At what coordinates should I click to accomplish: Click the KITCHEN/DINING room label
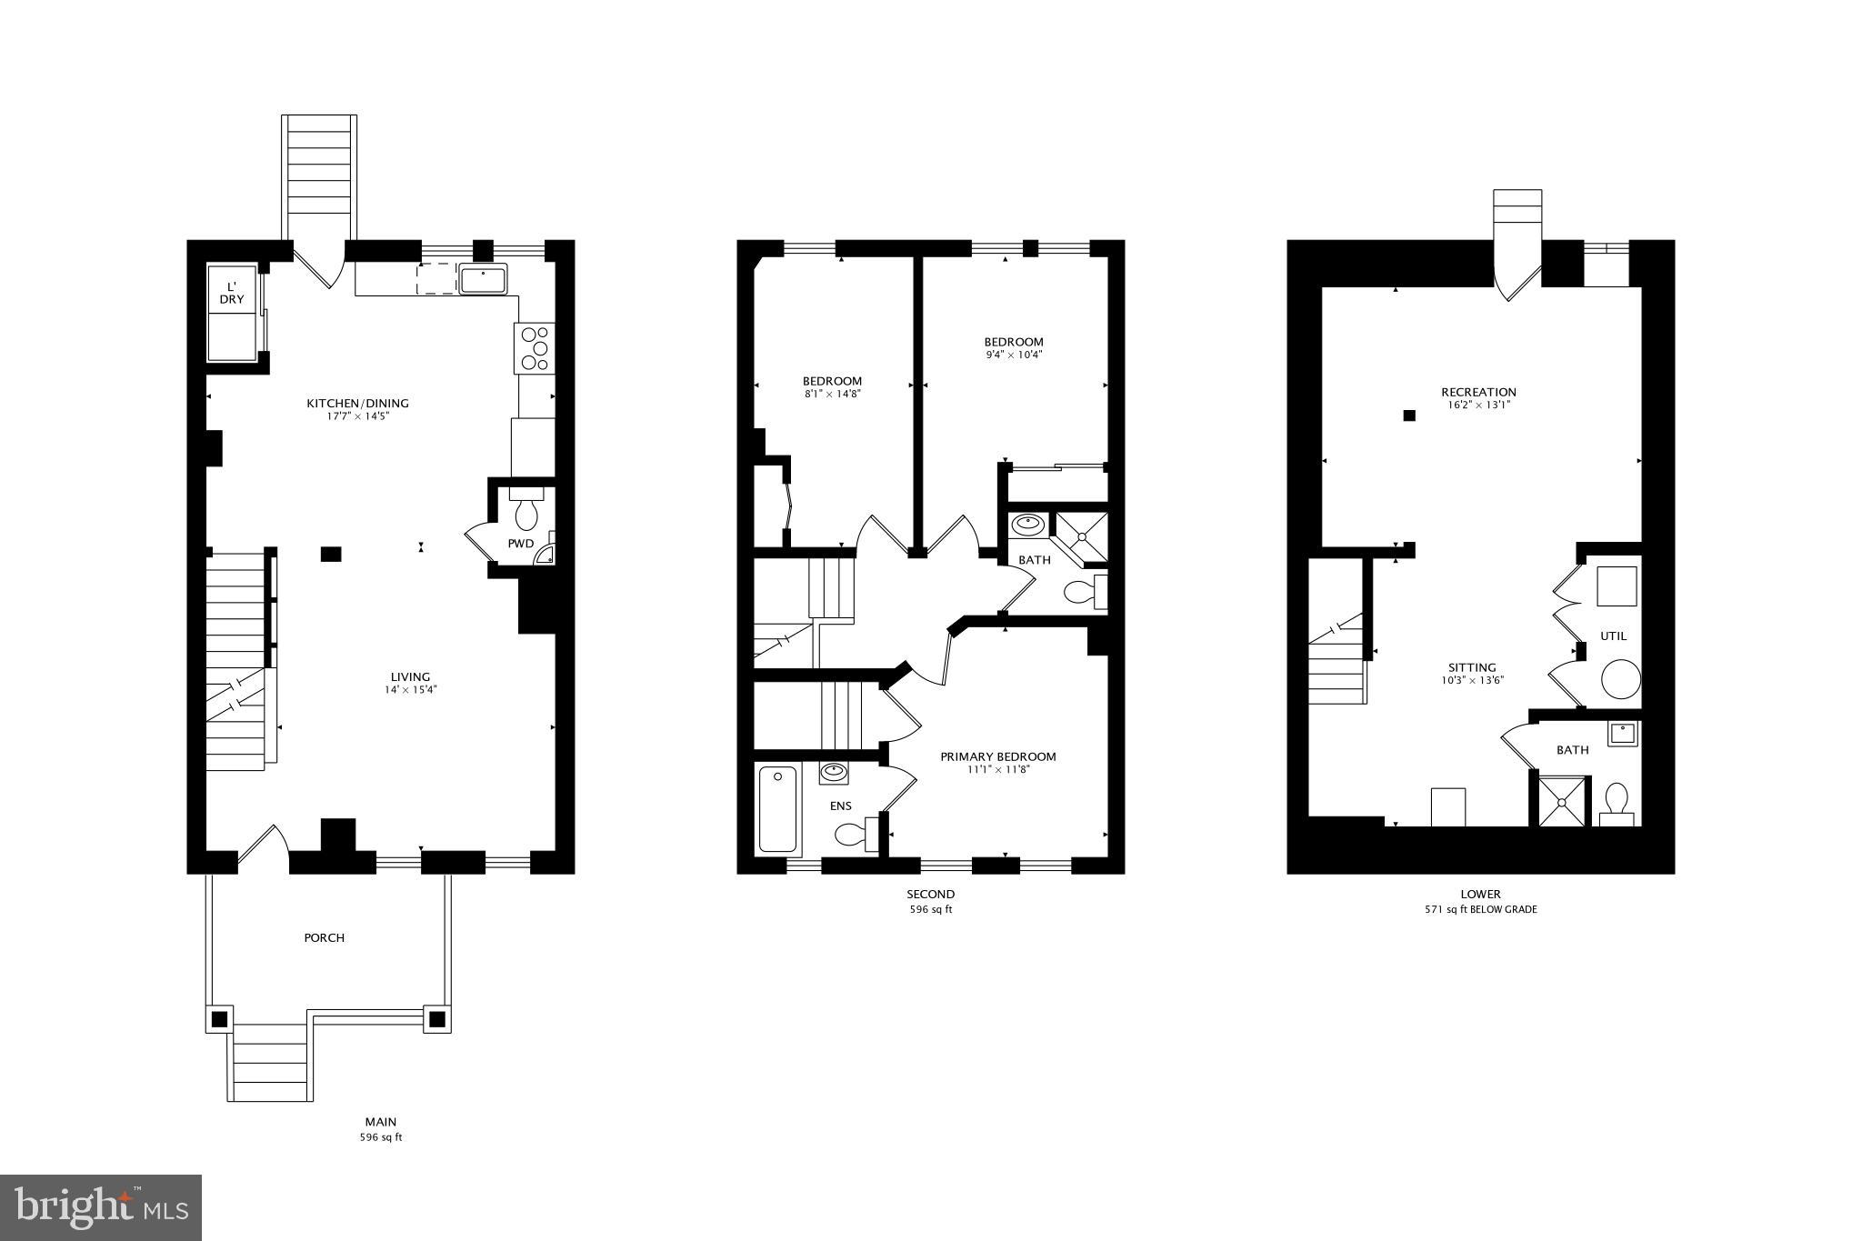coord(357,403)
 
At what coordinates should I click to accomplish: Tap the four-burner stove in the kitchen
coord(535,348)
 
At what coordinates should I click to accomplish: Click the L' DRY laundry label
coord(232,293)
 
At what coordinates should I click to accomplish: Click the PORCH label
coord(325,937)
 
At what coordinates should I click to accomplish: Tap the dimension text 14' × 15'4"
coord(410,690)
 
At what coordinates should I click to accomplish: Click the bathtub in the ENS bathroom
coord(777,809)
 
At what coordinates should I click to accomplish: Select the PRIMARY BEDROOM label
coord(997,756)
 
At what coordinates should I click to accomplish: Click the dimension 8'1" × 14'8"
coord(832,394)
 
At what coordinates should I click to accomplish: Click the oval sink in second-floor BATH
coord(1028,525)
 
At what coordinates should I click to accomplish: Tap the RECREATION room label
coord(1478,392)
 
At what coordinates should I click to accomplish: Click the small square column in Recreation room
coord(1409,415)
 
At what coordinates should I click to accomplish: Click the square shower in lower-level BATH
coord(1563,801)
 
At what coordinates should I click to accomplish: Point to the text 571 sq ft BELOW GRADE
coord(1480,909)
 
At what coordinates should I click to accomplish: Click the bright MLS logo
coord(101,1207)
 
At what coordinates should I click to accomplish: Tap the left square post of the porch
coord(219,1019)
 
